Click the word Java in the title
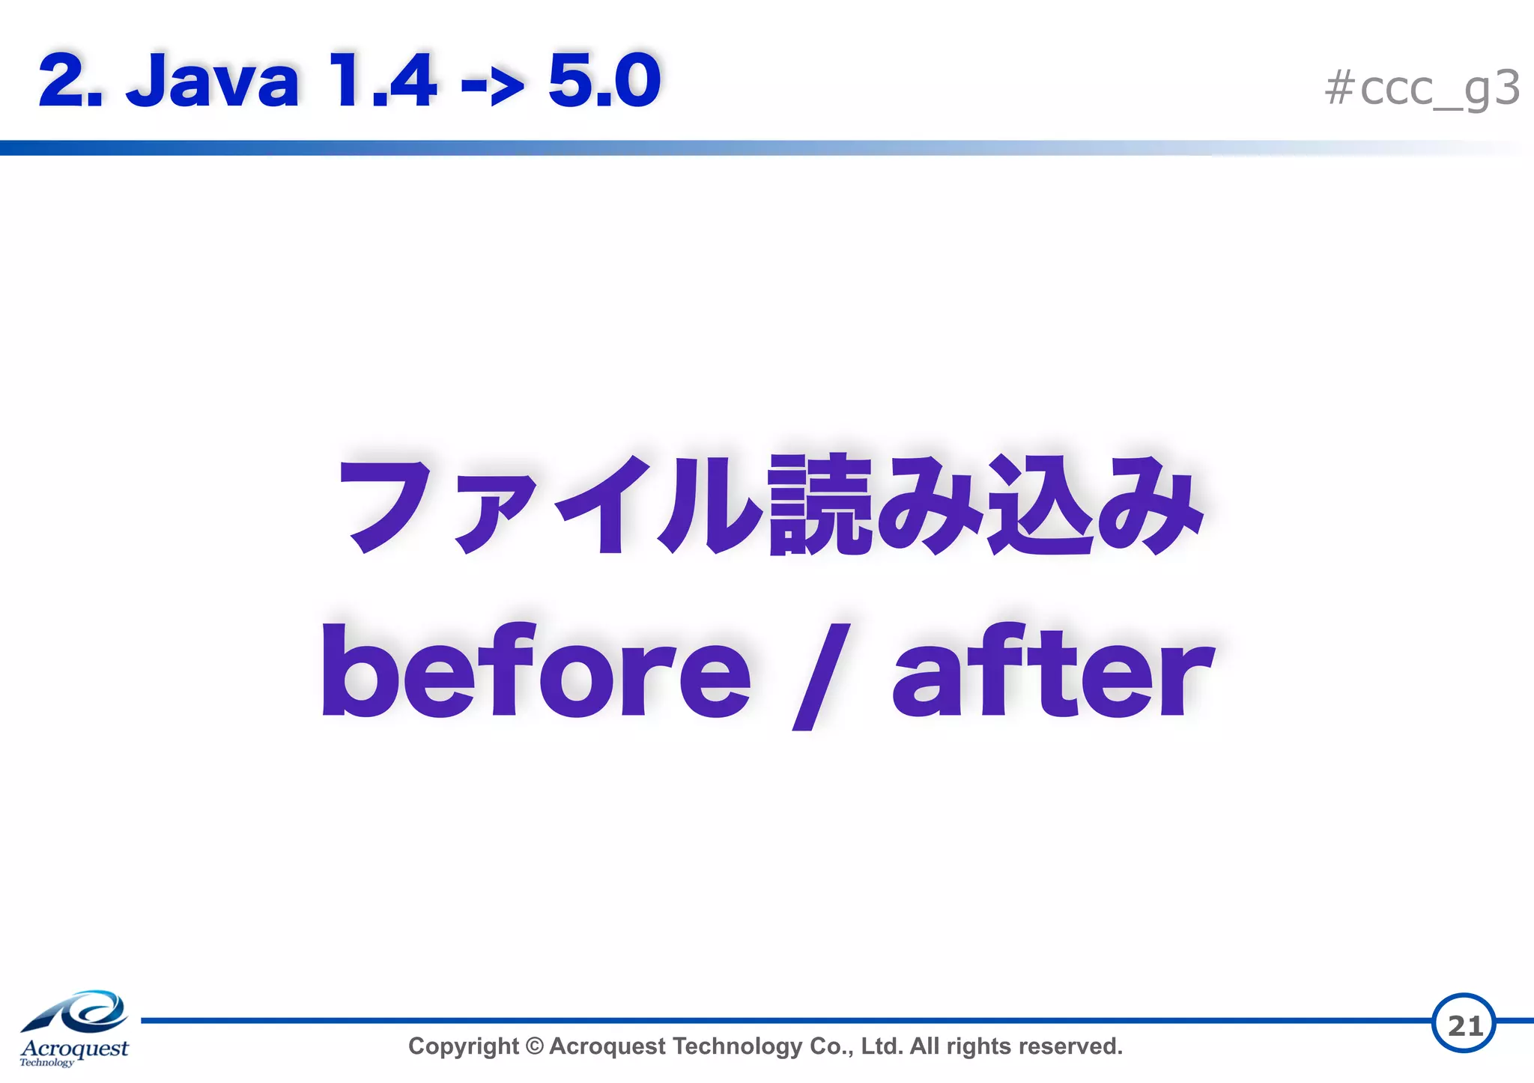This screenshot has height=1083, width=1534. click(x=213, y=81)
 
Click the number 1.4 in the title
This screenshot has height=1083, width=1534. click(x=382, y=81)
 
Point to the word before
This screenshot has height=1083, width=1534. click(x=536, y=670)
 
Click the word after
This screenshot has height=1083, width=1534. click(x=1052, y=670)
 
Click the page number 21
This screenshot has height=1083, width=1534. click(x=1464, y=1025)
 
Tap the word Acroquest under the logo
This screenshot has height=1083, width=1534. click(x=74, y=1048)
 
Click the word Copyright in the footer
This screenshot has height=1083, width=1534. click(x=463, y=1046)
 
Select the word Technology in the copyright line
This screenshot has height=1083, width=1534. click(x=738, y=1046)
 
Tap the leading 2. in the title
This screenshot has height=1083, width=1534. click(x=69, y=81)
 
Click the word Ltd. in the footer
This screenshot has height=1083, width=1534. click(x=882, y=1046)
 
